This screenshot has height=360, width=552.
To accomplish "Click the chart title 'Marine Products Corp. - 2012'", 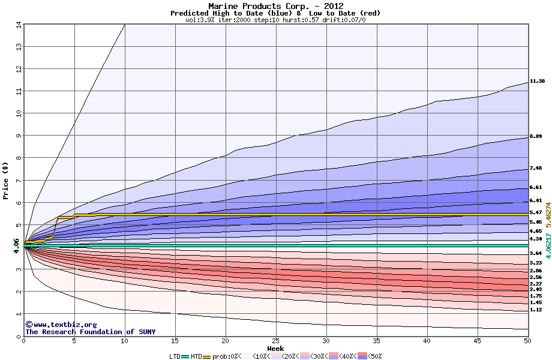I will (x=275, y=6).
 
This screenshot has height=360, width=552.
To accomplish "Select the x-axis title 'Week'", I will (x=275, y=348).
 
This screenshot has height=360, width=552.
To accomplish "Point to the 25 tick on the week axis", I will (x=276, y=341).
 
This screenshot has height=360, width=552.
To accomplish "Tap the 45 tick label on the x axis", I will (x=478, y=341).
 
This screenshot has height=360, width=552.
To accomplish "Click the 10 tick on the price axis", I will (x=18, y=113).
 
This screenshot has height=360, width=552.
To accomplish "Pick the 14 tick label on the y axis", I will (x=18, y=25).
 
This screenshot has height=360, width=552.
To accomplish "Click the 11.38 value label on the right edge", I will (x=537, y=81).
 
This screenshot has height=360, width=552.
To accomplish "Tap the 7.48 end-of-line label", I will (x=536, y=169).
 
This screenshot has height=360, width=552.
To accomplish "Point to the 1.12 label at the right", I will (x=536, y=310).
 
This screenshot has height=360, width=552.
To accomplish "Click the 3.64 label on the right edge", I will (x=536, y=254).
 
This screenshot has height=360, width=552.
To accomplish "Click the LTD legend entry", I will (x=175, y=356).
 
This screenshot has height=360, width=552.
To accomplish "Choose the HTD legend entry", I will (x=196, y=356).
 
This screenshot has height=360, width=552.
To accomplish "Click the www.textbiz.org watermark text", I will (x=61, y=325).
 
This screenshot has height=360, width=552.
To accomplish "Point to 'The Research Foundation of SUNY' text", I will (x=90, y=332).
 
